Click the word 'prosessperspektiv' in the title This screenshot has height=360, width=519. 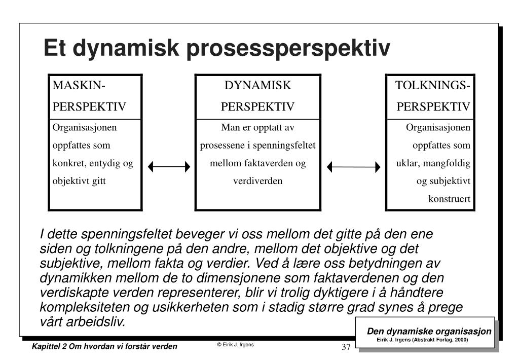point(288,49)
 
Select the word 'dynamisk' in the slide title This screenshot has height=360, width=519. point(126,49)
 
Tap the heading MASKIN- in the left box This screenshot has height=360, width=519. point(79,86)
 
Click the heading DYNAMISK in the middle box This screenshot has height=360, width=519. point(257,86)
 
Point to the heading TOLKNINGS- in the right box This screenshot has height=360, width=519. point(433,86)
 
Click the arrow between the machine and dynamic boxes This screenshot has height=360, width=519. point(169,167)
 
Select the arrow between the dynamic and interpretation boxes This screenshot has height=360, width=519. point(353,167)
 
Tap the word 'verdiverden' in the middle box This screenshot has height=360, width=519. point(258,181)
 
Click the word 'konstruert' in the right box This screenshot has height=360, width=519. point(449,199)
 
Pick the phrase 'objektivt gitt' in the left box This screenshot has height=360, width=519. point(79,182)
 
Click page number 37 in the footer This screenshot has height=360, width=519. point(346,347)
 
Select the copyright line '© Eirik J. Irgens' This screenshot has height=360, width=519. point(235,344)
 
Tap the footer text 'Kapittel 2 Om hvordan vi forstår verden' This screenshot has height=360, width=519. point(104,346)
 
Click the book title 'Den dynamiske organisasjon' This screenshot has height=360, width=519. point(429,331)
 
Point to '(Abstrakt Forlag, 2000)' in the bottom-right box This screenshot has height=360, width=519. point(440,340)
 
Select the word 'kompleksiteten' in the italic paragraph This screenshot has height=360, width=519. point(85,307)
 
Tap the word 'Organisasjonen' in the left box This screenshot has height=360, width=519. point(85,128)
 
